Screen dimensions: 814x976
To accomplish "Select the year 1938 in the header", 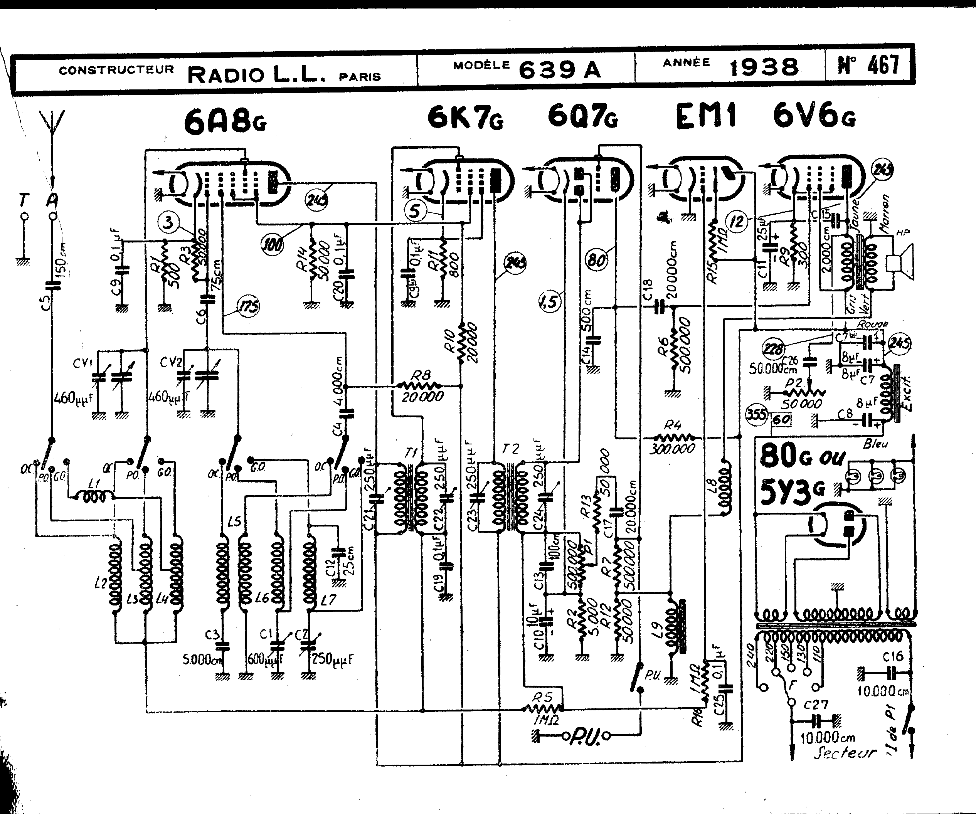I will click(x=764, y=68).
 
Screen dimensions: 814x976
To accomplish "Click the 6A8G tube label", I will click(x=225, y=121).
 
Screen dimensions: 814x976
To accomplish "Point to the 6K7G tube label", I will click(x=465, y=117).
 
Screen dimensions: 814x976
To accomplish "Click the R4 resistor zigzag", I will click(x=673, y=438).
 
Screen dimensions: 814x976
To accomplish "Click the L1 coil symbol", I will click(x=97, y=497).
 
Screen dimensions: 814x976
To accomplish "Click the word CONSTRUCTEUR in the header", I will click(x=116, y=70).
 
